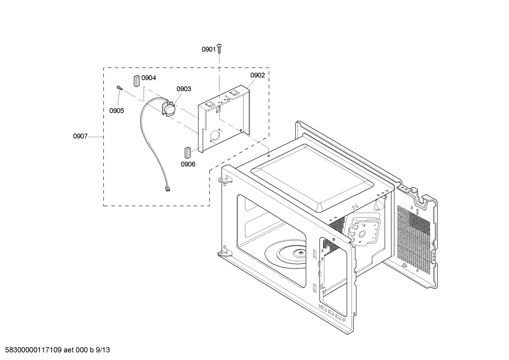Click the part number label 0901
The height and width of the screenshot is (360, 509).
coord(208,49)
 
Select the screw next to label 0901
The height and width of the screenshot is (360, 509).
coord(219,48)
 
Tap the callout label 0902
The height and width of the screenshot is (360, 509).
coord(258,75)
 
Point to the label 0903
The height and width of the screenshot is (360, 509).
coord(184,89)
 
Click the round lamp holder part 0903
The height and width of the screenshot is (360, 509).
coord(169,109)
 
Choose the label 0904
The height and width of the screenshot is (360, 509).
coord(149,78)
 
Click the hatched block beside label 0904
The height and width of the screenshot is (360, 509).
coord(136,80)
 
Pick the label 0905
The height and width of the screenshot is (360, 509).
coord(116,111)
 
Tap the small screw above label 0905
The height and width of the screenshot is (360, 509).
coord(119,88)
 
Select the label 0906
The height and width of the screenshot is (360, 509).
coord(188,164)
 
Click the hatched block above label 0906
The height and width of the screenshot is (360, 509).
coord(187,152)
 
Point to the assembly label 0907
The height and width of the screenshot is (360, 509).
coord(80,136)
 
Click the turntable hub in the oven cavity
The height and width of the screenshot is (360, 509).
coord(300,252)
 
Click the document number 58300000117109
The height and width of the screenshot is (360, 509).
coord(31,350)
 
